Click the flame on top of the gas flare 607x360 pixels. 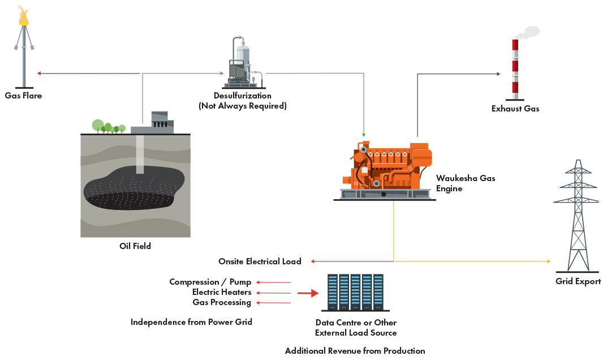point(24,16)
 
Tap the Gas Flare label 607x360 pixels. point(23,96)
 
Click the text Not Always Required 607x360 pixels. point(243,106)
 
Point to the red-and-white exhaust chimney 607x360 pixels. point(515,69)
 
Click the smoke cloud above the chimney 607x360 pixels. point(527,33)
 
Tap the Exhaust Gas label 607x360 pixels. point(515,109)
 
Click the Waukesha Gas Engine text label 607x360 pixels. point(465,183)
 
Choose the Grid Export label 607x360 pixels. point(578,281)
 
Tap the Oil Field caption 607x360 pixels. point(135,246)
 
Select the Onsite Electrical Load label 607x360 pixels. point(260,262)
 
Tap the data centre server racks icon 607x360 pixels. point(355,292)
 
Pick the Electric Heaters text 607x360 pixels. point(221,292)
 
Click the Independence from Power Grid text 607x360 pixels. point(191,322)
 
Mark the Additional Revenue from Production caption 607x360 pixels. point(355,351)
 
